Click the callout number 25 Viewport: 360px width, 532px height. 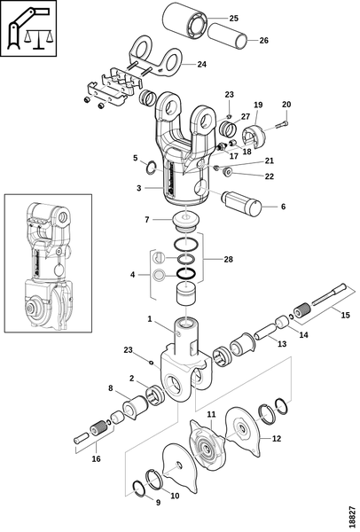(234, 18)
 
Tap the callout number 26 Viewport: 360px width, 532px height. (263, 41)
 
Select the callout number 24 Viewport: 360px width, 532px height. (202, 64)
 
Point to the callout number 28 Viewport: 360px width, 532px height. (229, 259)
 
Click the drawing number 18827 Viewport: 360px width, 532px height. (353, 518)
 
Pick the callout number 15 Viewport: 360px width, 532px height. (345, 315)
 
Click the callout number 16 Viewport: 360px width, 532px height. (97, 458)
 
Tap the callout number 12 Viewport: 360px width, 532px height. (277, 438)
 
